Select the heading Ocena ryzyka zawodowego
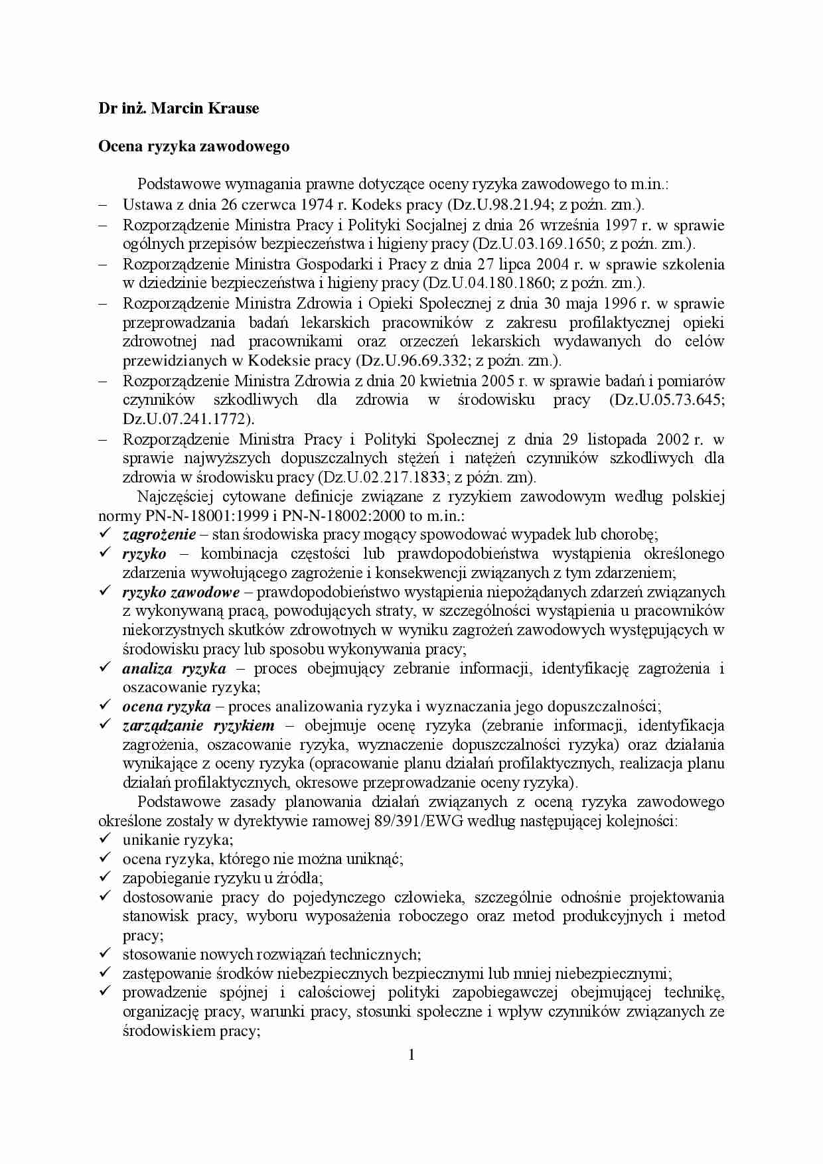[194, 146]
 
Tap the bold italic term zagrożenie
[159, 534]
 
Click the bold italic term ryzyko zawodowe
[181, 592]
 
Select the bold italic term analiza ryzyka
[174, 668]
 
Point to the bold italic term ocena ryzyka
[166, 707]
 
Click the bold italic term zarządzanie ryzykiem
[198, 725]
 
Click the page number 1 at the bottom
[411, 1055]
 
